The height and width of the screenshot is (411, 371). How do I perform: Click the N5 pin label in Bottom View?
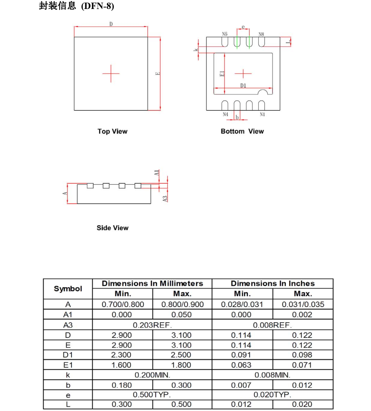tap(225, 34)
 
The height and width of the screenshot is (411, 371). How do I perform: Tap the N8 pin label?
tap(261, 34)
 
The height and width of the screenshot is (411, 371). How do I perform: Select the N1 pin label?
tap(262, 115)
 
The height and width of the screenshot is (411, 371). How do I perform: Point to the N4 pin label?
tap(225, 115)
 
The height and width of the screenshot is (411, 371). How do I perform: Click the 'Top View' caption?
tap(112, 131)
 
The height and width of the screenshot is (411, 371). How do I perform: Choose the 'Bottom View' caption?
tap(242, 131)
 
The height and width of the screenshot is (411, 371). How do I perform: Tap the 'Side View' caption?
tap(112, 228)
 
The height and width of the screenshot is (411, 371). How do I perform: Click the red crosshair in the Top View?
tap(111, 73)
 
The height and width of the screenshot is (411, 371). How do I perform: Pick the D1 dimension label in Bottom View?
tap(243, 86)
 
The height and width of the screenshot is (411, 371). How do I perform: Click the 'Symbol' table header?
tap(68, 289)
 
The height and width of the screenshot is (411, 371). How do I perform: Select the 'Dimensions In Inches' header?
tap(273, 283)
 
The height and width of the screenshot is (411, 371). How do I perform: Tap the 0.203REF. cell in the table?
tap(152, 325)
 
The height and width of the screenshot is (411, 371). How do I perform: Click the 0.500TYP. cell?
tap(152, 395)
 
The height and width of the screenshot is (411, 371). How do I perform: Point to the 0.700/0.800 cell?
tap(123, 304)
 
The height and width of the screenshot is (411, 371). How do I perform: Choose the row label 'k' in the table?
tap(68, 375)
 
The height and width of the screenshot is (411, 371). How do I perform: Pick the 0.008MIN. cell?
tap(273, 375)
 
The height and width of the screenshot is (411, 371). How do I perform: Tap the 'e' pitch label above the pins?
tap(243, 27)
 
